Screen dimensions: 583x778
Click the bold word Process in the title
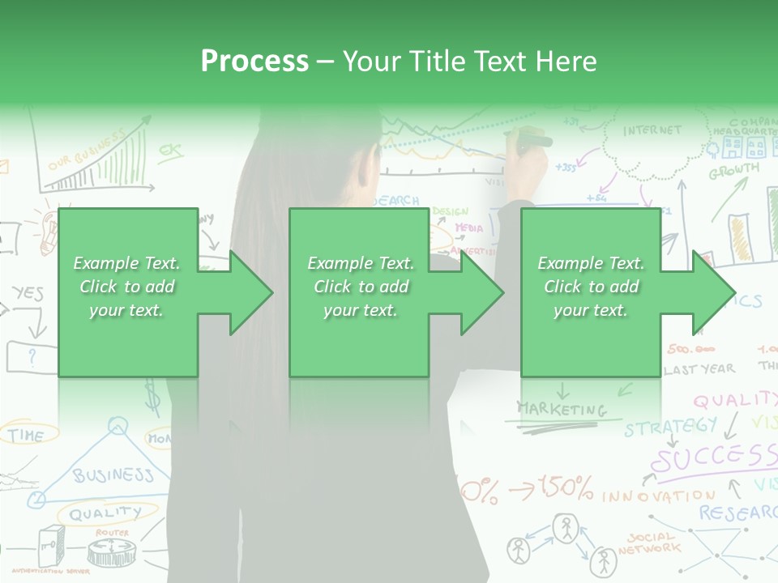[254, 61]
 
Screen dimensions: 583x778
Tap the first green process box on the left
[127, 292]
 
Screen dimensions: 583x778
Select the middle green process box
[359, 292]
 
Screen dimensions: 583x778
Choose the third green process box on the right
[590, 292]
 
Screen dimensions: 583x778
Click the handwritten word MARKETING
[562, 409]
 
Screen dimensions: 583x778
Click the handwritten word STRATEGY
[670, 426]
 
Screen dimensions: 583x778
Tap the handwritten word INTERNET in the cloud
[652, 130]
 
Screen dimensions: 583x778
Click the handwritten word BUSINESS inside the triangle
[113, 474]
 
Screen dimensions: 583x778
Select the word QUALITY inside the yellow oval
[105, 513]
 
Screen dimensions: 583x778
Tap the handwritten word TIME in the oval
[26, 436]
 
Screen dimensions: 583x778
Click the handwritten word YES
[28, 293]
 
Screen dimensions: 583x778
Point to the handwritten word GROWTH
[734, 171]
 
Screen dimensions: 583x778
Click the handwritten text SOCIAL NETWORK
[648, 543]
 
